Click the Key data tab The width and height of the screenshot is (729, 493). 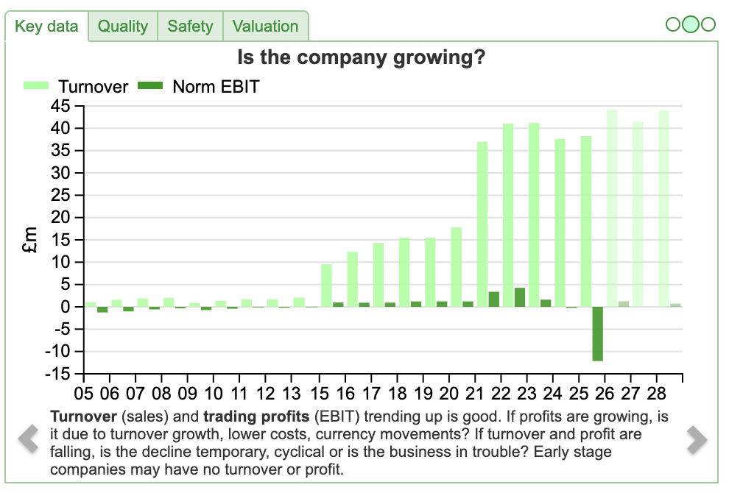(x=46, y=26)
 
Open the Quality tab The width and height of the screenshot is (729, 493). (x=123, y=26)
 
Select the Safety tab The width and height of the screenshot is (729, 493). (x=190, y=26)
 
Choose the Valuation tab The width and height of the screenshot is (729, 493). (x=265, y=26)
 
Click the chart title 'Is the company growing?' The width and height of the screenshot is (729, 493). (x=361, y=57)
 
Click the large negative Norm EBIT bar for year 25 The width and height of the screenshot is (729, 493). (x=597, y=333)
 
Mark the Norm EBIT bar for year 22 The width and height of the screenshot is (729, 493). (x=520, y=297)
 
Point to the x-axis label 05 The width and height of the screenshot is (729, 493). (x=85, y=393)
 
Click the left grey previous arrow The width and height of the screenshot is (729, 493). (x=28, y=439)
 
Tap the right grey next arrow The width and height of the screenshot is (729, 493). (x=697, y=439)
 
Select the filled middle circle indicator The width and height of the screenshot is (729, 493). (x=691, y=25)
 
